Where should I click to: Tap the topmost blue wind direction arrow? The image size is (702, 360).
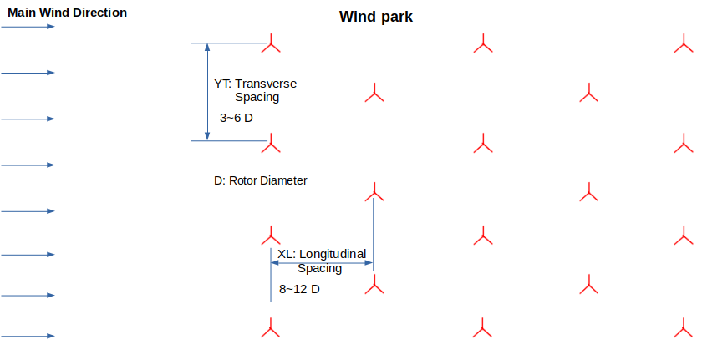28,27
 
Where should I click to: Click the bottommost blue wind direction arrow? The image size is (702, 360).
28,336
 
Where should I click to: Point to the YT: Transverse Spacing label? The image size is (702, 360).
256,90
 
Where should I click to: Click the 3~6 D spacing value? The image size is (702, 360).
237,118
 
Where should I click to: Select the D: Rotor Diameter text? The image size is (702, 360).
261,180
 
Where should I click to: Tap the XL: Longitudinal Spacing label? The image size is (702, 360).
322,261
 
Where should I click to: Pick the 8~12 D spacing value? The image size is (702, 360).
299,289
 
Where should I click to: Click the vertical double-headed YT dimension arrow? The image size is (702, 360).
207,92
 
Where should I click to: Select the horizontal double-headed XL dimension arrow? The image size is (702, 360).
322,263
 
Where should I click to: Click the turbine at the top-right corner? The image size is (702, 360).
683,44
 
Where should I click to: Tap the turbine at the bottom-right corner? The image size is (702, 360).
683,328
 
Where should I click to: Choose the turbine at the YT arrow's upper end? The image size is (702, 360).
270,44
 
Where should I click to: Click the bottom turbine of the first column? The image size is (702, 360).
270,328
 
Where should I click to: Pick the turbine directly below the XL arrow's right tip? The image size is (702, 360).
374,286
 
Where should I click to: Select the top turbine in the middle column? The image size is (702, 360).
481,44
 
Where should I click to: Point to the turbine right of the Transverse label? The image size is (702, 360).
374,94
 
